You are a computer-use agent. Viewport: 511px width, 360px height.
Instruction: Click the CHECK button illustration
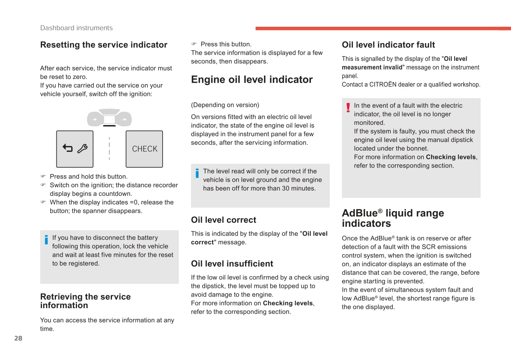click(x=144, y=149)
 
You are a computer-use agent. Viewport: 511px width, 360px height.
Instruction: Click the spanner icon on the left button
click(x=82, y=149)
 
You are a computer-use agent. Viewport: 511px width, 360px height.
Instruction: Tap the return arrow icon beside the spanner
click(x=68, y=148)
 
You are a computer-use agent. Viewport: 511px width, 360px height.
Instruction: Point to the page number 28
click(x=18, y=339)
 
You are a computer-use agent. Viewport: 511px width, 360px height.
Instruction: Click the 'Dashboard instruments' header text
click(x=76, y=28)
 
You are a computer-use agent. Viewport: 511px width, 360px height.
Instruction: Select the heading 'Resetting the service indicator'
click(x=104, y=45)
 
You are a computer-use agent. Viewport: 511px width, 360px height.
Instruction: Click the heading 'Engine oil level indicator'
click(x=252, y=79)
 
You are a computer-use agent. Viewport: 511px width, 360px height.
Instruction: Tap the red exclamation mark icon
click(x=348, y=108)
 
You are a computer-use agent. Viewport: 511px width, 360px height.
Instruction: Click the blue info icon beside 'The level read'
click(x=197, y=173)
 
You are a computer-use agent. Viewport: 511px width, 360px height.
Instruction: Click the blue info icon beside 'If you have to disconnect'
click(x=46, y=239)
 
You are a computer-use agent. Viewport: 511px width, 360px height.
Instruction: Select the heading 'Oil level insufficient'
click(x=232, y=264)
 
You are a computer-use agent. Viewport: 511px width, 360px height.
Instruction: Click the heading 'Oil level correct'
click(x=223, y=220)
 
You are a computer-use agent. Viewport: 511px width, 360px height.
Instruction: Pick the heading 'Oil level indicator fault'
click(x=388, y=45)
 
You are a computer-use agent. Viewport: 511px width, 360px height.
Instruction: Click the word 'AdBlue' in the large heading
click(x=359, y=213)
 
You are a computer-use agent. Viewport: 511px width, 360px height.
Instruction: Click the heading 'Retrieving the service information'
click(x=85, y=301)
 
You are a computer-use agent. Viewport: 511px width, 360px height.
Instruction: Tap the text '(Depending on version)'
click(x=225, y=105)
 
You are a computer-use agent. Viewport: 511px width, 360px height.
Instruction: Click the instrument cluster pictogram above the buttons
click(x=109, y=118)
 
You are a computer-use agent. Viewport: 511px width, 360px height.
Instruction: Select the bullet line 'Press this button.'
click(x=226, y=44)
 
